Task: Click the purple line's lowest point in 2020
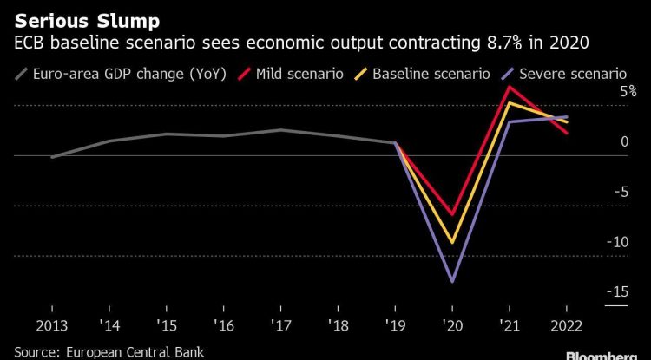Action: tap(452, 281)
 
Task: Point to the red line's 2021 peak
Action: tap(510, 86)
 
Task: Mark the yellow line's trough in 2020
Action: tap(452, 243)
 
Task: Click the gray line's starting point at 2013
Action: tap(52, 157)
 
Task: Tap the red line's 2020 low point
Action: tap(452, 213)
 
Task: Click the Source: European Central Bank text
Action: tap(95, 351)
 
